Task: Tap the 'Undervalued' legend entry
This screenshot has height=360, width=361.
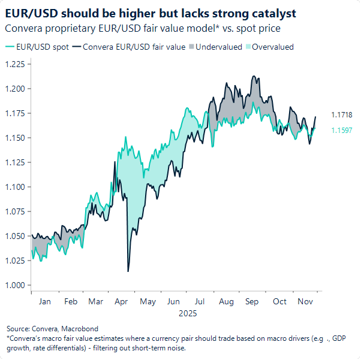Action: tap(219, 47)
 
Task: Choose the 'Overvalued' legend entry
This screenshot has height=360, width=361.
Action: tap(272, 47)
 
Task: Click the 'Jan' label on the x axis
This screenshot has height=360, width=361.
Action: tap(44, 302)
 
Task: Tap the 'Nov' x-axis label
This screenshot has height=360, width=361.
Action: tap(305, 302)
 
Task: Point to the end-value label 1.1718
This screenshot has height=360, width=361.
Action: tap(341, 115)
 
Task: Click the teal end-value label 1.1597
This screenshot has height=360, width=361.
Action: tap(341, 130)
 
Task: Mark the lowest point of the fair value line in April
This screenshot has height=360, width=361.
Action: tap(128, 271)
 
